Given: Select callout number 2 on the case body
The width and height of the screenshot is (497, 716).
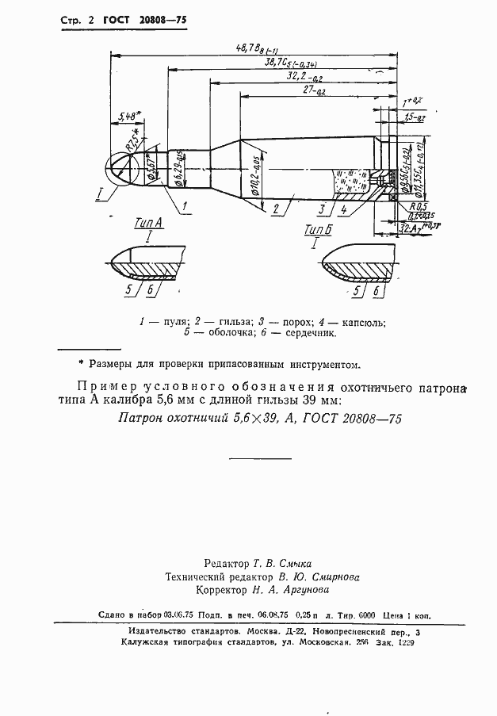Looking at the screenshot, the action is (274, 210).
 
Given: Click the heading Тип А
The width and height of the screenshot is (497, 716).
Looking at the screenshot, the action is (147, 224).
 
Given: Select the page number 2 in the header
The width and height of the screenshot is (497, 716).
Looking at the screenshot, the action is (83, 18).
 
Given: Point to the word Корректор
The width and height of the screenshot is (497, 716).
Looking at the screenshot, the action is (220, 590).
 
